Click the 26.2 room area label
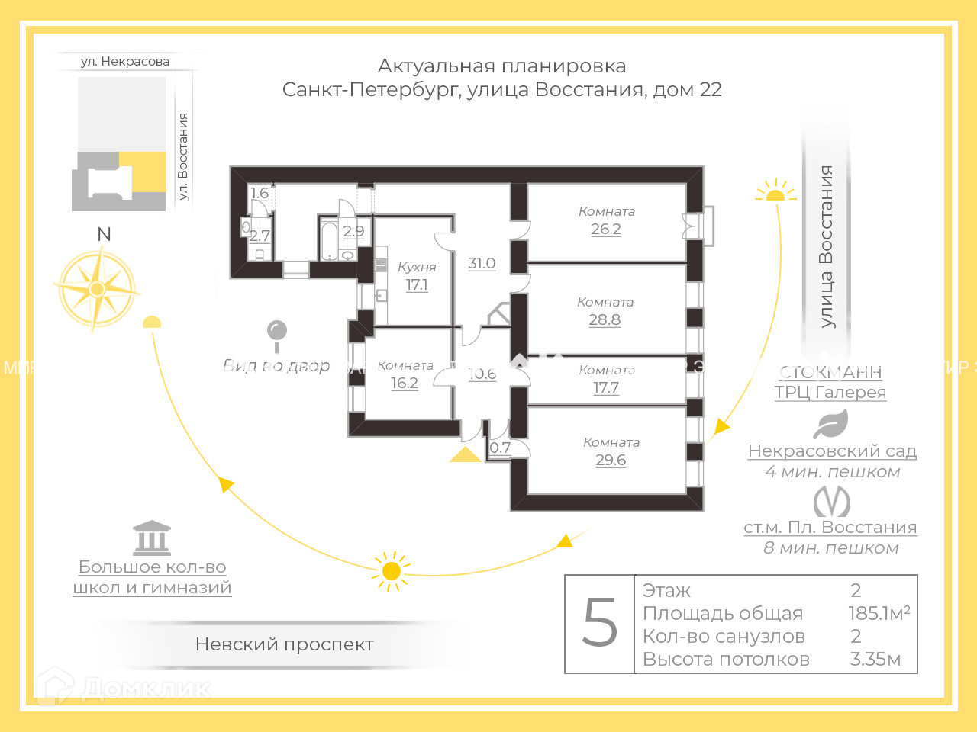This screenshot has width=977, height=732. [606, 229]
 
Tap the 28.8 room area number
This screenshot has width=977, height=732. [605, 319]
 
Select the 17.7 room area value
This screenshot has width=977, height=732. [606, 387]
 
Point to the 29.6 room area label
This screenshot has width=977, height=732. [611, 460]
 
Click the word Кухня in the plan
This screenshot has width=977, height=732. [417, 267]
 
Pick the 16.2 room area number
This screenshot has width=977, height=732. [405, 383]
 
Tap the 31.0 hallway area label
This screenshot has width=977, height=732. [482, 263]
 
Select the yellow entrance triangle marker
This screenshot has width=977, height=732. [465, 455]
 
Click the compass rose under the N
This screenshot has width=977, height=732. [97, 289]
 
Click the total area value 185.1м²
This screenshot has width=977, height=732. [879, 613]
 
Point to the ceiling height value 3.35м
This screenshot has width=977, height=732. [875, 659]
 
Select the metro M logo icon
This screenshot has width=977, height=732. [831, 502]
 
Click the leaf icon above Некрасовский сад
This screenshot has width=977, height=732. [831, 424]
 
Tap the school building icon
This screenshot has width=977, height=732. [152, 538]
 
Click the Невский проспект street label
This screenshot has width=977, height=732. [284, 644]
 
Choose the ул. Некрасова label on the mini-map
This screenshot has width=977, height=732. [125, 61]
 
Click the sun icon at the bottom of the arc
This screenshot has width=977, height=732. [391, 571]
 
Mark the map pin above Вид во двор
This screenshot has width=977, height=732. [276, 333]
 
